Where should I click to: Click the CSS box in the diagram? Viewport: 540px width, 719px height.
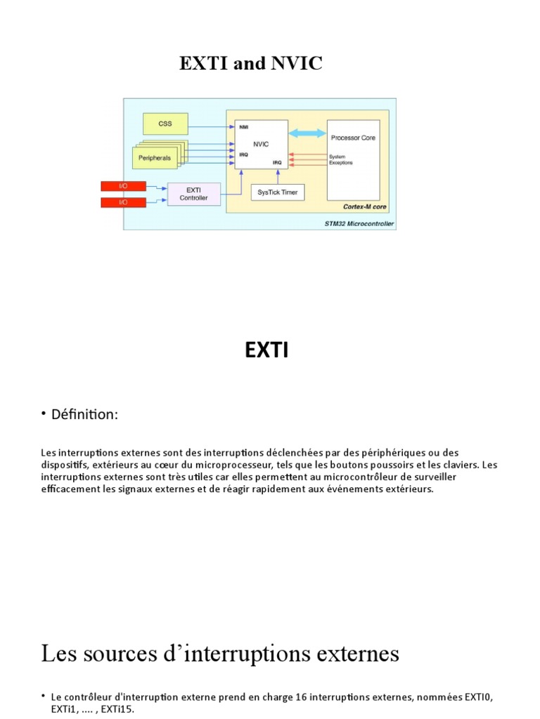[x=165, y=124]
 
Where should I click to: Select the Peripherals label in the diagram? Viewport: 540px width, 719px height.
[x=154, y=159]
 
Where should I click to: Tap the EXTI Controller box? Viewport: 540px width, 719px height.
[x=193, y=194]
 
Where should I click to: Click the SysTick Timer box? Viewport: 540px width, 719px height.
[x=278, y=192]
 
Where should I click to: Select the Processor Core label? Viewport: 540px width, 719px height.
[x=353, y=138]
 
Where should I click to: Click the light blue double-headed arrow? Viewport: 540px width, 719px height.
[x=307, y=133]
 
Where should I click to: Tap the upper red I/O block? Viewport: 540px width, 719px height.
[x=124, y=186]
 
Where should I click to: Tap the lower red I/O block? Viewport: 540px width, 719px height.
[x=124, y=202]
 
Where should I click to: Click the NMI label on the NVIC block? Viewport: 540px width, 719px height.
[x=243, y=127]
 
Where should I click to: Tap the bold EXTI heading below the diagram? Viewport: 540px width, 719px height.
[x=266, y=350]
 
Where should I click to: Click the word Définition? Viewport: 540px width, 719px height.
[x=84, y=415]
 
